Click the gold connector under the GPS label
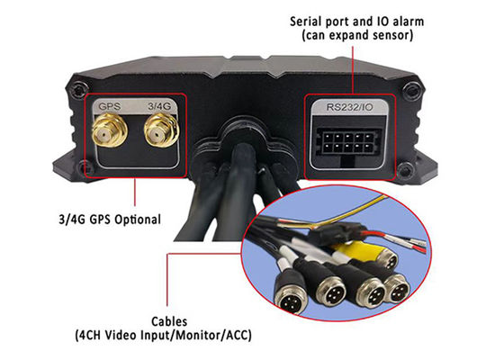(110, 131)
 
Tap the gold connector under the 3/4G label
(161, 130)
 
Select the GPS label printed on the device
(109, 106)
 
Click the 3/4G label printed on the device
(159, 106)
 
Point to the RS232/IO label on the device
(350, 107)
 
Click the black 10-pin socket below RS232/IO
(347, 142)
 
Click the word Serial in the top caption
(306, 22)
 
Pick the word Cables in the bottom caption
(169, 322)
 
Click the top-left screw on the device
(78, 89)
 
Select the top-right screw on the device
(412, 89)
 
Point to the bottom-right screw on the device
(405, 169)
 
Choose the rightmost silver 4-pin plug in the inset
(397, 289)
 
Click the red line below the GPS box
(135, 192)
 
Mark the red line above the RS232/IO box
(353, 70)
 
